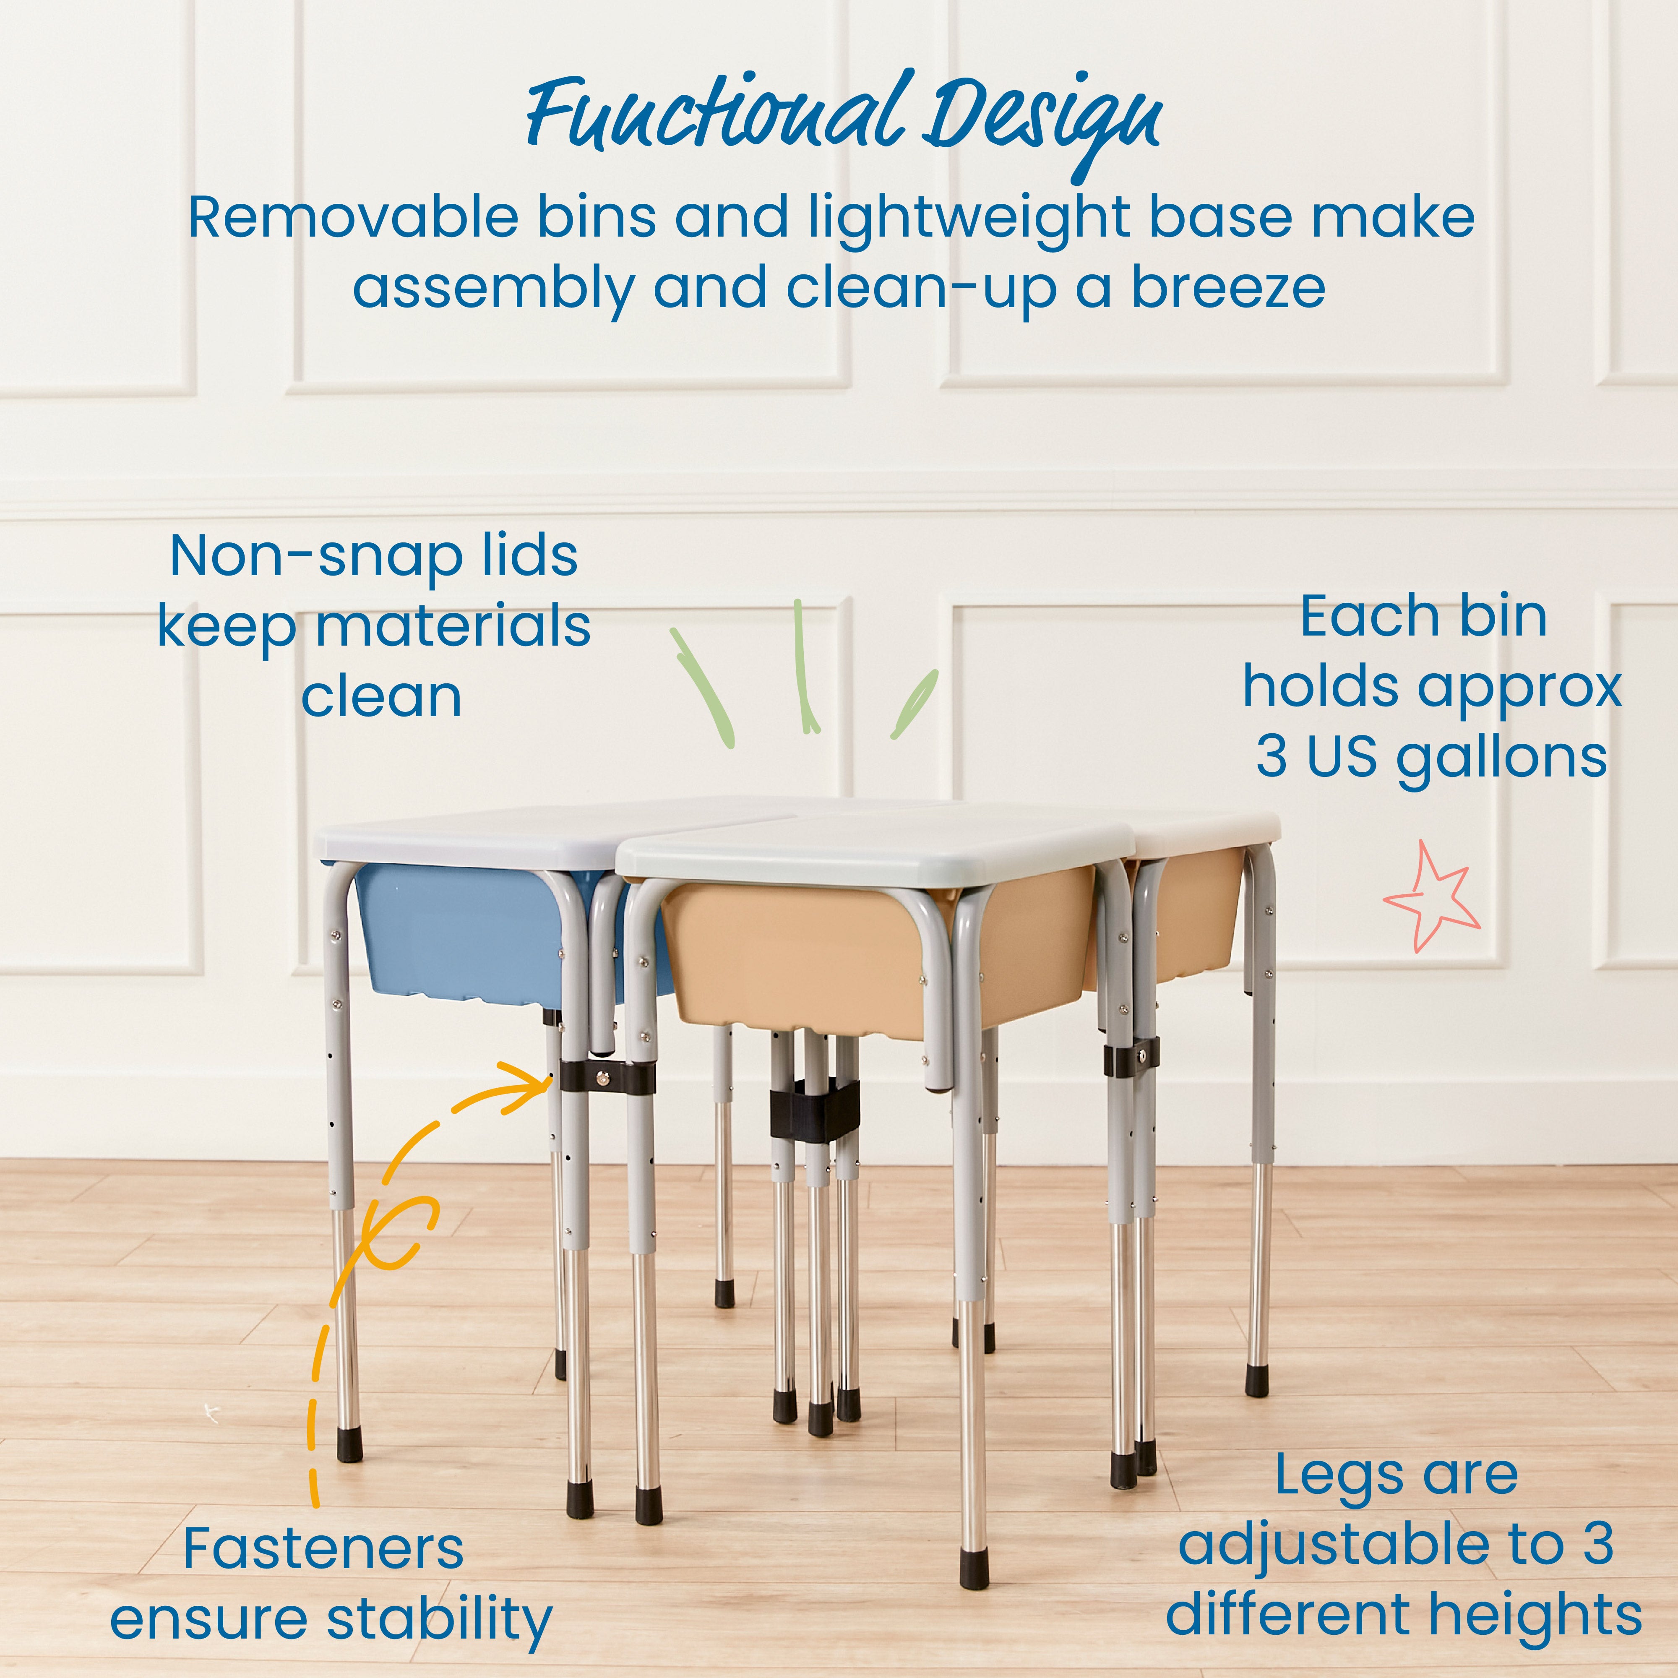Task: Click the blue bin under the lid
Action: tap(460, 934)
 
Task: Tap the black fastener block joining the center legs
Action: tap(814, 1112)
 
